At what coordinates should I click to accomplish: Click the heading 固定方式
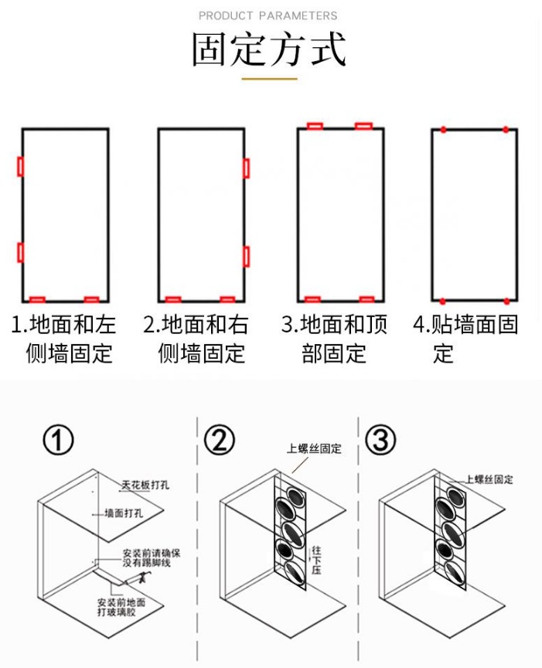click(269, 49)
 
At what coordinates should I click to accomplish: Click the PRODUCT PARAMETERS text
click(268, 15)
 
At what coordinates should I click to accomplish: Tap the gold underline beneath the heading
click(269, 78)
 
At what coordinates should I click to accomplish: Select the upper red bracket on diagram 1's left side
click(21, 166)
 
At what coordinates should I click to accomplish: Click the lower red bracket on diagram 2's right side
click(246, 257)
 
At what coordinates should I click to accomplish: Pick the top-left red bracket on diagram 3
click(315, 126)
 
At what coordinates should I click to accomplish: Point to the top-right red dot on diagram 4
click(506, 129)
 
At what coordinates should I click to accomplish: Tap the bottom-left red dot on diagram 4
click(443, 300)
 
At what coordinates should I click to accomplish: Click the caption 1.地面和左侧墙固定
click(63, 339)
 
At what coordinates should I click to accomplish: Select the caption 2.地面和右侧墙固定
click(200, 339)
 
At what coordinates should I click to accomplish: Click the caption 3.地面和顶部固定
click(335, 339)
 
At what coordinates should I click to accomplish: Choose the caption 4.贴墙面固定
click(465, 339)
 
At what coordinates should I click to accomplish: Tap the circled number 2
click(219, 441)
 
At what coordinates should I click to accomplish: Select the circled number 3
click(380, 441)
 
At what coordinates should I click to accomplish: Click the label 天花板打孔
click(145, 486)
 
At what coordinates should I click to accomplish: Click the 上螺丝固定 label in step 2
click(314, 448)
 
